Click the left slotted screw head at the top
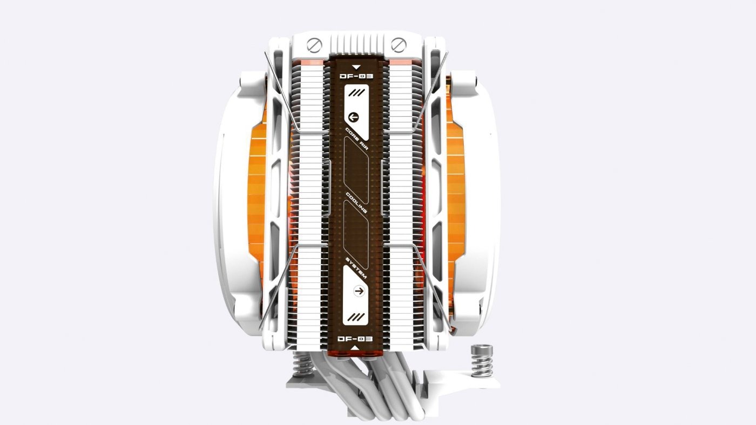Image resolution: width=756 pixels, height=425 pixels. click(314, 45)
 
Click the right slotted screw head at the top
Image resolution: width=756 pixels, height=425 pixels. click(399, 45)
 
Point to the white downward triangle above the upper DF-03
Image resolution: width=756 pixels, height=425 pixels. click(356, 68)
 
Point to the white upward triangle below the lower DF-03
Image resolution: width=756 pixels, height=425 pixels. click(355, 348)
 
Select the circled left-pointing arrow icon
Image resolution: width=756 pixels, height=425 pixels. click(353, 118)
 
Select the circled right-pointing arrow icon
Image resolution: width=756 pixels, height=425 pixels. click(359, 291)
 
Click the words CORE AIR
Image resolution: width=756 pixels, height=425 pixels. click(357, 138)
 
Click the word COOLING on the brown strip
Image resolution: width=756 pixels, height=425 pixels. click(356, 203)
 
